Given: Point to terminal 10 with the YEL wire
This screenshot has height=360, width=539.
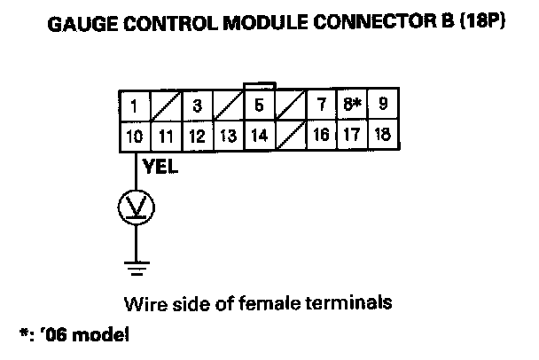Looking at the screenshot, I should click(x=133, y=137).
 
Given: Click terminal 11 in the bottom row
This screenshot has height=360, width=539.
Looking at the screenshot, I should click(x=166, y=137).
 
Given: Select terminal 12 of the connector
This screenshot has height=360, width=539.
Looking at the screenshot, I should click(x=197, y=137).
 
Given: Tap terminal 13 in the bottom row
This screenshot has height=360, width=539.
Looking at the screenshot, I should click(x=228, y=137).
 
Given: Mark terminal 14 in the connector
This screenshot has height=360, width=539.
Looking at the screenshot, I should click(x=259, y=137).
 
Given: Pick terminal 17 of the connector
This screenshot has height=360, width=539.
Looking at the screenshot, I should click(x=351, y=137).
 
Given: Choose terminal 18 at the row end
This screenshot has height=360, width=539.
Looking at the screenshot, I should click(x=383, y=137).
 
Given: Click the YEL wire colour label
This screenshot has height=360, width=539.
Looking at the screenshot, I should click(x=156, y=167).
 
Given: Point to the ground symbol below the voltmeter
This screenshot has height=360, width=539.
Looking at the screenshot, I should click(x=137, y=264).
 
